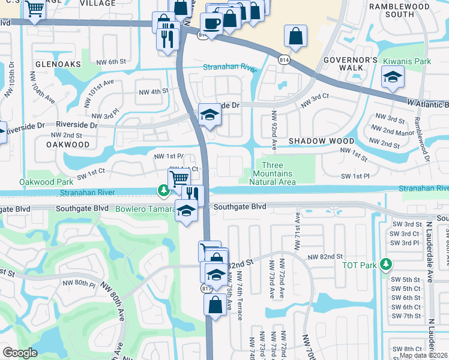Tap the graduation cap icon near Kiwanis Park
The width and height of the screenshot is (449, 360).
(x=393, y=77)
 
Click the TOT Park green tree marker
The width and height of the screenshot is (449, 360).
(x=387, y=265)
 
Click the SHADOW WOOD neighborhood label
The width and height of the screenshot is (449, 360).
(x=321, y=140)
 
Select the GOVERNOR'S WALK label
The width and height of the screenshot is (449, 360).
(x=351, y=64)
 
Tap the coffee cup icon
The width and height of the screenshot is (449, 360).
(x=211, y=23)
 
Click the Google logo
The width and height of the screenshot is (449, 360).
(x=20, y=353)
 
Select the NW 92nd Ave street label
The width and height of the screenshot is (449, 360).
(x=274, y=130)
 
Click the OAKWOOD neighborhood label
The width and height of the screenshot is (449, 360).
(x=67, y=145)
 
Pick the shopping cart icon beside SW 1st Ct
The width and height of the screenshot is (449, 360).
(x=179, y=178)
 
